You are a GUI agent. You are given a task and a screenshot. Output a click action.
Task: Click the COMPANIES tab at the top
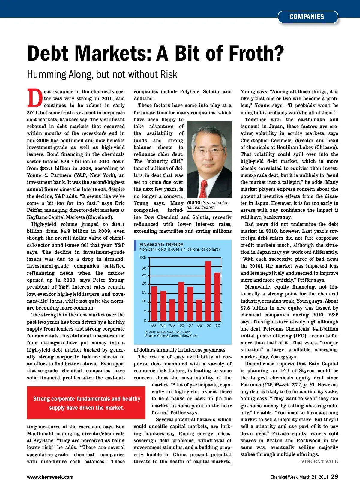(x=307, y=17)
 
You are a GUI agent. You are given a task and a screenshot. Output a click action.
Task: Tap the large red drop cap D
(x=35, y=98)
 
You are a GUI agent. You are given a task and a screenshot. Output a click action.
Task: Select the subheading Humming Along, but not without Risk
(x=102, y=74)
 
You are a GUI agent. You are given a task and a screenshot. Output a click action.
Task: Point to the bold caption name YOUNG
(x=194, y=203)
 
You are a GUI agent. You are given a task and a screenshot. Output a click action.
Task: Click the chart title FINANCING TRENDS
(x=161, y=244)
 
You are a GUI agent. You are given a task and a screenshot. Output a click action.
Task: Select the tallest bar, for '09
(x=208, y=290)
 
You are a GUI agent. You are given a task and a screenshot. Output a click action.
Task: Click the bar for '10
(x=217, y=296)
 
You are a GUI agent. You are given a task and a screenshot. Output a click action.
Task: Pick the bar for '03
(x=154, y=303)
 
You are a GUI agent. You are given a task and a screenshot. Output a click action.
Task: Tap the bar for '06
(x=181, y=301)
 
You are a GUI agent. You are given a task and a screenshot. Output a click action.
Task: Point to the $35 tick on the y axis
(x=143, y=258)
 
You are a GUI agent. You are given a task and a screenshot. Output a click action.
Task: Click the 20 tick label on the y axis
(x=144, y=283)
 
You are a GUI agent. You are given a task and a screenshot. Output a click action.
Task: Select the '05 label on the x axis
(x=172, y=325)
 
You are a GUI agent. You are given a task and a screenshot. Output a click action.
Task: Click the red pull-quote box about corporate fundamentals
(x=86, y=403)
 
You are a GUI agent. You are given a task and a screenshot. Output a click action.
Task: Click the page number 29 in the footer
(x=334, y=477)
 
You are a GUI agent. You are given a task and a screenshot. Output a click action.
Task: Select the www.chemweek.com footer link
(x=50, y=477)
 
